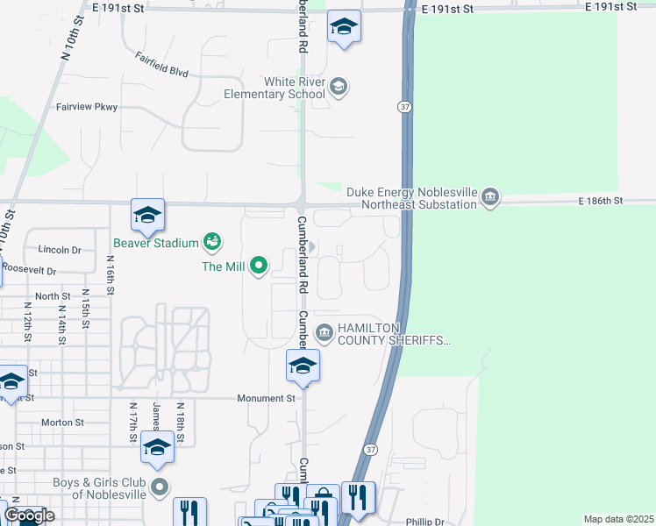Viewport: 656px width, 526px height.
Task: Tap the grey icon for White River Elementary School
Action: [339, 87]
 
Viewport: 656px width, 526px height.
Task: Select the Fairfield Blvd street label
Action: [162, 66]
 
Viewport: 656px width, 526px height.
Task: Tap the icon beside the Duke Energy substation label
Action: [491, 196]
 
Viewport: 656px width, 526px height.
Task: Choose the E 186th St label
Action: [600, 201]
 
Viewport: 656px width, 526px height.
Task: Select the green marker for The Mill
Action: [259, 265]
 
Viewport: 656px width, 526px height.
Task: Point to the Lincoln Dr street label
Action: [60, 250]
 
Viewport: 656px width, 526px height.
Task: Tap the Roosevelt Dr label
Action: [28, 271]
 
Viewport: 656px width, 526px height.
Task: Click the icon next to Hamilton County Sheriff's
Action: [324, 332]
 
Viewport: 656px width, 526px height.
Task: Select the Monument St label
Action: [267, 398]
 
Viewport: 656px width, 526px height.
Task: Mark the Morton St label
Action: [62, 422]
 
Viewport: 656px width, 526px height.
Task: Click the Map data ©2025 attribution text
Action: [618, 519]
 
